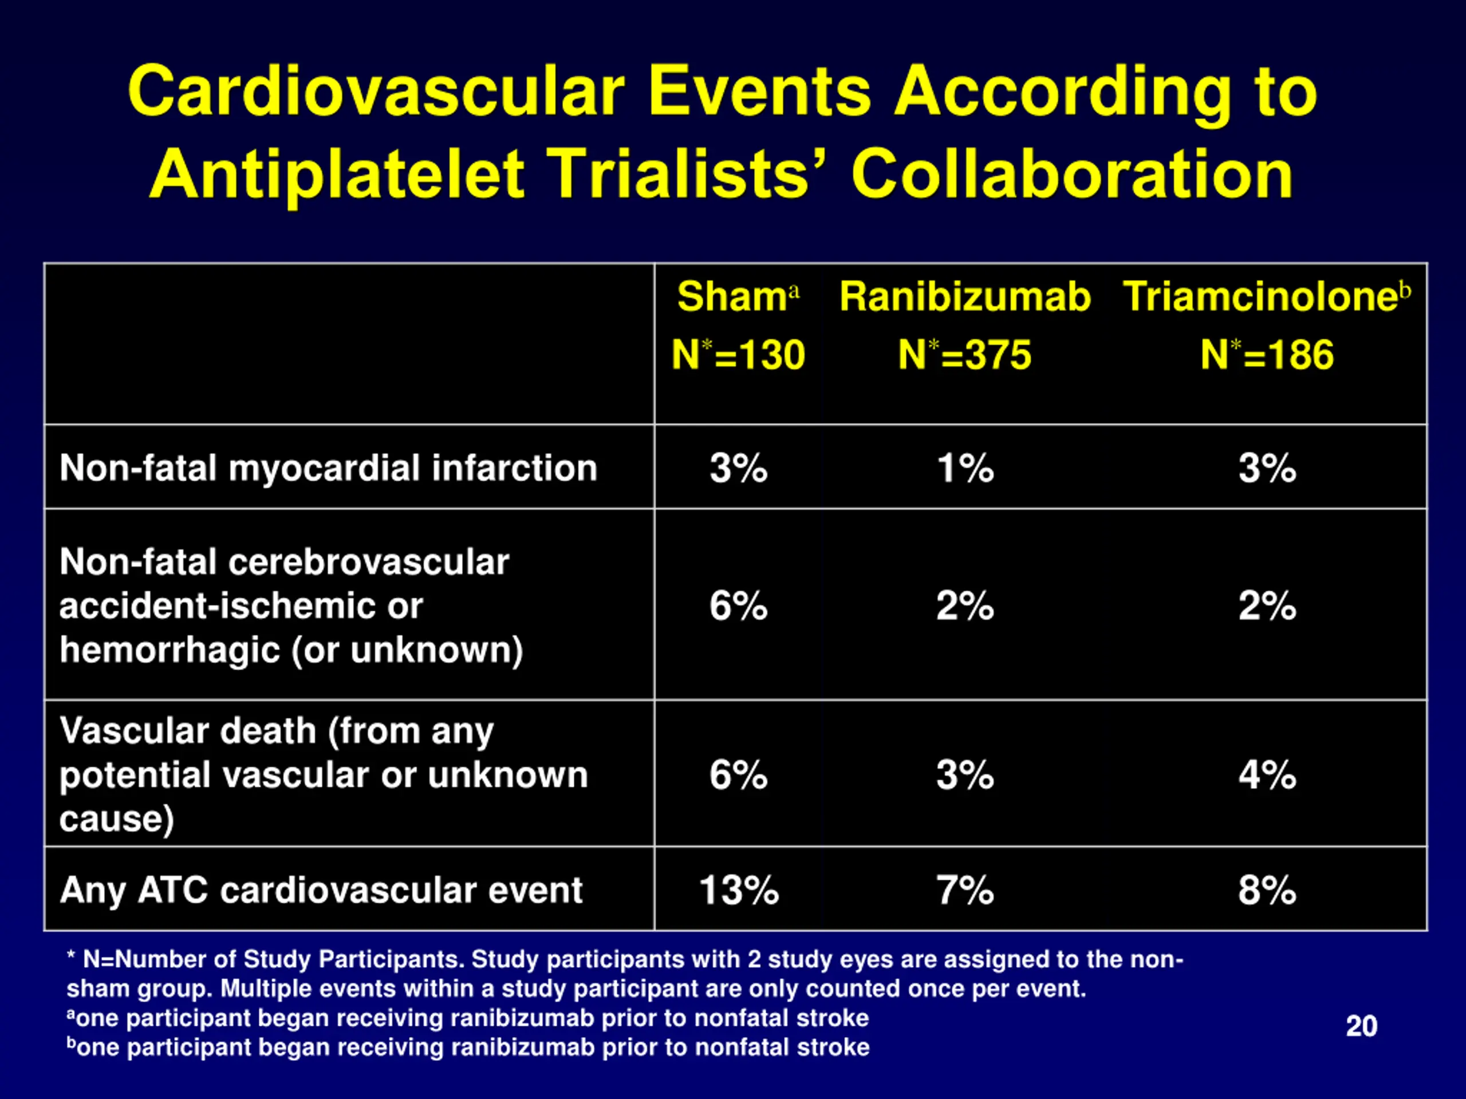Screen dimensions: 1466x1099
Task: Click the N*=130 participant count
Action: pos(738,354)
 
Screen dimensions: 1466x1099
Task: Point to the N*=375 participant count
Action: pos(965,354)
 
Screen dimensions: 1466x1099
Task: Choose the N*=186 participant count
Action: pos(1267,354)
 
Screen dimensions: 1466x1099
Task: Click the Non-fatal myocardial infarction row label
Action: pos(329,468)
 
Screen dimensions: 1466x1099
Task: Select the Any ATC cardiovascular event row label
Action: pos(321,890)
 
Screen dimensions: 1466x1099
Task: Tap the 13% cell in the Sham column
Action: pos(739,890)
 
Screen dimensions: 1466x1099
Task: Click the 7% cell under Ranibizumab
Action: pos(965,890)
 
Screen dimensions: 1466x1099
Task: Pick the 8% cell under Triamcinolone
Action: pos(1267,890)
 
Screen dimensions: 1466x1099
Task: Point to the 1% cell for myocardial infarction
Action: pos(965,468)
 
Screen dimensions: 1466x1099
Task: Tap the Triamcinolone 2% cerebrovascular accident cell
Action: pos(1267,606)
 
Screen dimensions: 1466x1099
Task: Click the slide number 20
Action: pos(1361,1026)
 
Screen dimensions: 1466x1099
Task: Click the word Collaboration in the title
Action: pos(1073,174)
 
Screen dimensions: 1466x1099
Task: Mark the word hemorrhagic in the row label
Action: pos(170,650)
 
